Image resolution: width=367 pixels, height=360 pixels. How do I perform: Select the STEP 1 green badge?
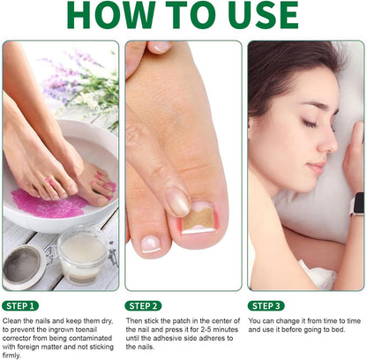pos(20,306)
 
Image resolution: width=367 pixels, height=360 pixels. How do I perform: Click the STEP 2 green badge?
pos(143,306)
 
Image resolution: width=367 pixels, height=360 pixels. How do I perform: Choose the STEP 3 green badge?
pos(266,306)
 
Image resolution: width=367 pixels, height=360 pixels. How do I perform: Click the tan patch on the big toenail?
pos(198,220)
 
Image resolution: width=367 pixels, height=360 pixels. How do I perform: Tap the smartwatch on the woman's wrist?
pos(357,204)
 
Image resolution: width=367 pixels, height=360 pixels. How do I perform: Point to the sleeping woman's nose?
pos(327,141)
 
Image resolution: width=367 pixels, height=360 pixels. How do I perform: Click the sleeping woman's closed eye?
pos(311,123)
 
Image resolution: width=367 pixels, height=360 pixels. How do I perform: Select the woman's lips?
pos(317,167)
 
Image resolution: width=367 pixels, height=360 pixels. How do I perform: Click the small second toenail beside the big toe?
pos(152,244)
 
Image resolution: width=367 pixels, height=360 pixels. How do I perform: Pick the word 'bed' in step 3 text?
pos(338,329)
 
